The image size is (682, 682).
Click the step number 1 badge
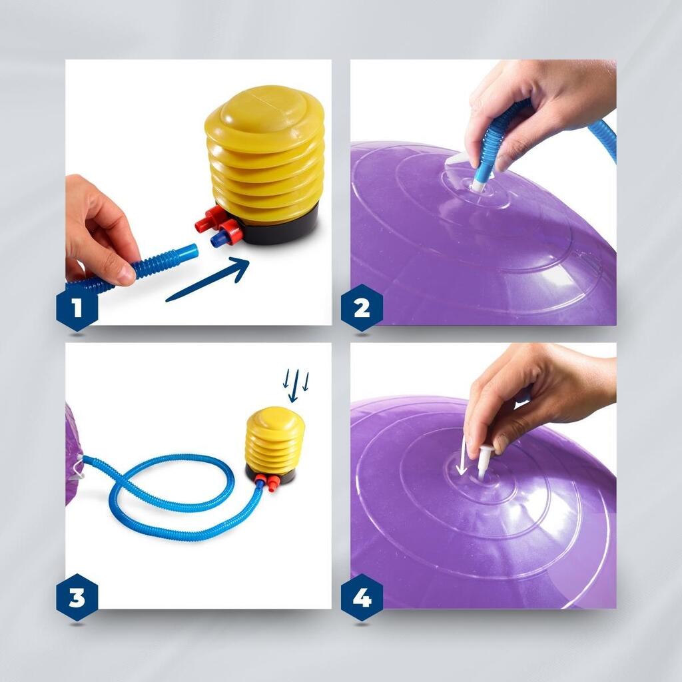tap(77, 308)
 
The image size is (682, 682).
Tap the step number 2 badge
tap(362, 308)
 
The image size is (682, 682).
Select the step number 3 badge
tap(77, 597)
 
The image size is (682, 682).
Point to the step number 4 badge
tap(362, 597)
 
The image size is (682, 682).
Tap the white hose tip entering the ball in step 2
tap(476, 186)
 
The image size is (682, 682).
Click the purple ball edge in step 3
tap(72, 454)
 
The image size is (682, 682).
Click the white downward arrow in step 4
tap(462, 456)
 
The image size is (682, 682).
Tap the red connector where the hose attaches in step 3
tap(260, 480)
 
